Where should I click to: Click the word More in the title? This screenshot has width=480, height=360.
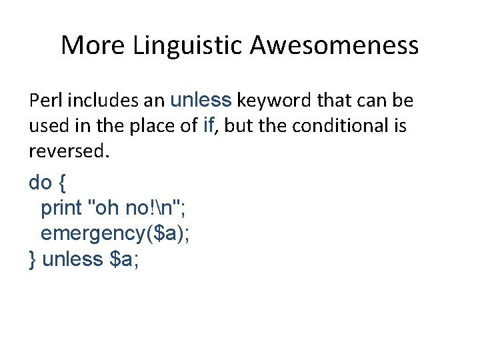(x=93, y=45)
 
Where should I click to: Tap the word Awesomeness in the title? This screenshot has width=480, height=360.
(x=335, y=45)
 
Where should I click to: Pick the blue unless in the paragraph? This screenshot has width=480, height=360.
(x=201, y=100)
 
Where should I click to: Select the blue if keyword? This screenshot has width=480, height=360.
(x=207, y=126)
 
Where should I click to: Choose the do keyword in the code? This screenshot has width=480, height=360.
(x=39, y=182)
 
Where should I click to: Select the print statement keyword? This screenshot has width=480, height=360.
(x=61, y=209)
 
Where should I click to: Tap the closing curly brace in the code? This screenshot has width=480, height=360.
(x=33, y=259)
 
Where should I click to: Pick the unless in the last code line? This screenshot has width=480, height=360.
(x=71, y=259)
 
